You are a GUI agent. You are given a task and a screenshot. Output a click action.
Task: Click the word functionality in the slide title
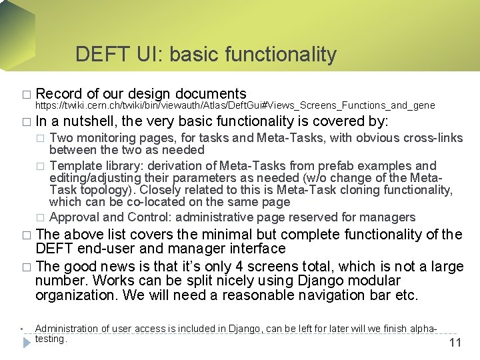(x=281, y=55)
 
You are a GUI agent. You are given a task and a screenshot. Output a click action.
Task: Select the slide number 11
(x=455, y=343)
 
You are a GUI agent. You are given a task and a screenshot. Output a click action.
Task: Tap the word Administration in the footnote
(x=66, y=329)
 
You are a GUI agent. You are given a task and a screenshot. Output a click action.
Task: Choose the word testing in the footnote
(x=51, y=339)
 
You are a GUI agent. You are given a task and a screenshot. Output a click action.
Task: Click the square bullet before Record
(x=26, y=95)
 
